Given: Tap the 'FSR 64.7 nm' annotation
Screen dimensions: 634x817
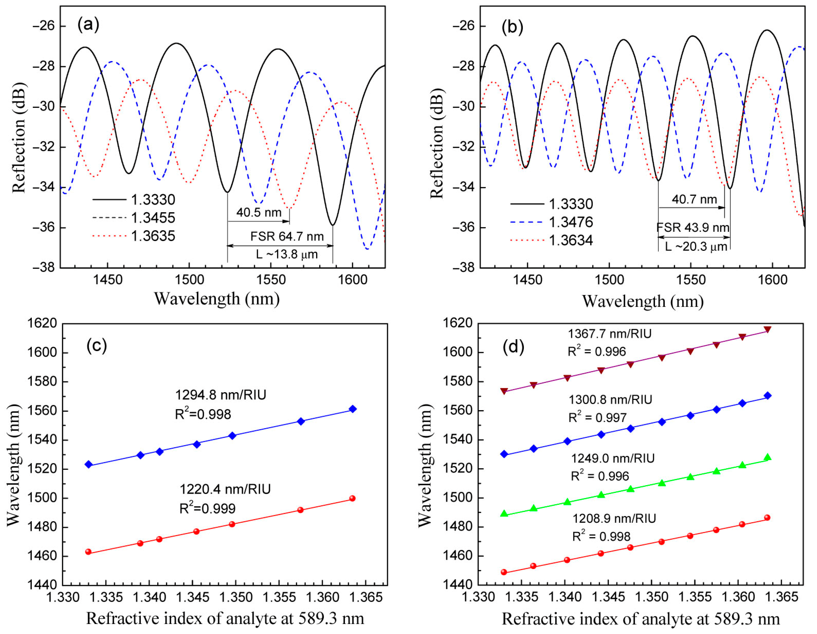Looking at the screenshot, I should (287, 236).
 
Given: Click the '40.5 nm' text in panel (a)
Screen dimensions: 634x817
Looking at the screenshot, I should (259, 212).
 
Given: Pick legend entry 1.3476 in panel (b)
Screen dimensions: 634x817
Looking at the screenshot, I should (570, 222).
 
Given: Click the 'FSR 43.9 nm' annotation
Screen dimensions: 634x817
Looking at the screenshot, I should (693, 228).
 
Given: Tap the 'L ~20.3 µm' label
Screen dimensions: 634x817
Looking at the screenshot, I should (696, 247).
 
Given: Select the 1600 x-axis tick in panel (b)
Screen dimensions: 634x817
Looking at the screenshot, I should (773, 280).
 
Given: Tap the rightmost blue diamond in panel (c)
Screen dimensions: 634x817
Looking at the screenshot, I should (352, 409).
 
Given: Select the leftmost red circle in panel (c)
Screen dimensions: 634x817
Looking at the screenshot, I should (88, 552).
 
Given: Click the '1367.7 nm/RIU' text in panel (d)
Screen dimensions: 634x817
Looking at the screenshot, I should (610, 334).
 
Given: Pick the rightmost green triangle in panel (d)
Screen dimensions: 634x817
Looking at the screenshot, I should (767, 457).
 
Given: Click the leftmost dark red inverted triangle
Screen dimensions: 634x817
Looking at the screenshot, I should (504, 391).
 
